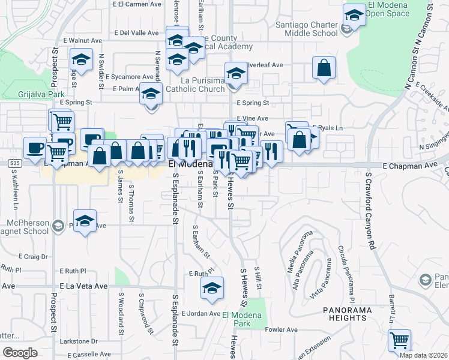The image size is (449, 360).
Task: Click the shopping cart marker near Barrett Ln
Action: [x=399, y=340]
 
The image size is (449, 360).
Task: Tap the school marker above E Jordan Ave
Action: [x=212, y=287]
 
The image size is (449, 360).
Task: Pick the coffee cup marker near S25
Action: [x=35, y=147]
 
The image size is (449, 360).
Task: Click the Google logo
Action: [x=20, y=352]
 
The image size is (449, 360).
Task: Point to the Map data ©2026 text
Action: [x=423, y=355]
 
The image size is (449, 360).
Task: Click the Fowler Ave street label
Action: [x=282, y=329]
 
